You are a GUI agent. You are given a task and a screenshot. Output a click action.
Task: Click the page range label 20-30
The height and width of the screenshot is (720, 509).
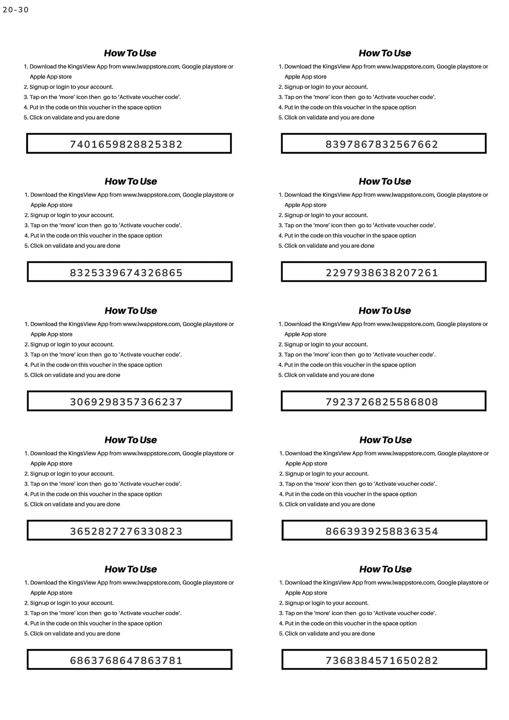pyautogui.click(x=16, y=10)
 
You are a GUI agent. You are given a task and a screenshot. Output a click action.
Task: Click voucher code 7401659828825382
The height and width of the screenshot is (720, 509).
pyautogui.click(x=126, y=144)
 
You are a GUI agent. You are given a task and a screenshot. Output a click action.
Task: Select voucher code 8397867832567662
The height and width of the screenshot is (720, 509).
pyautogui.click(x=382, y=144)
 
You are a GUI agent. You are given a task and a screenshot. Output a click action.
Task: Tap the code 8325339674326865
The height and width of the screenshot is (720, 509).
pyautogui.click(x=126, y=272)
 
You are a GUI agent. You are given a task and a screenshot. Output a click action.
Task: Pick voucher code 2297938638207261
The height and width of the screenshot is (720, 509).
pyautogui.click(x=382, y=272)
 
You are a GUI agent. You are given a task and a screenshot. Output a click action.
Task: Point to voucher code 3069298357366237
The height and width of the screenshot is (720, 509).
pyautogui.click(x=126, y=402)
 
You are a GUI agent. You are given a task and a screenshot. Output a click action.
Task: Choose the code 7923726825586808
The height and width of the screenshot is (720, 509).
pyautogui.click(x=382, y=402)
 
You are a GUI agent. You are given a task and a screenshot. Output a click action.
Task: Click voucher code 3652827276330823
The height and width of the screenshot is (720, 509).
pyautogui.click(x=126, y=531)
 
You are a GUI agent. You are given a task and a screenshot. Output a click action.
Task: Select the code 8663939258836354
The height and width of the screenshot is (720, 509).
pyautogui.click(x=382, y=531)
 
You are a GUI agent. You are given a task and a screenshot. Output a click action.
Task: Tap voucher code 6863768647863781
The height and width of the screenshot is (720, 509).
pyautogui.click(x=126, y=660)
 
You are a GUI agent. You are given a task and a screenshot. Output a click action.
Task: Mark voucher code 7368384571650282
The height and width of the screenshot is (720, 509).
pyautogui.click(x=382, y=660)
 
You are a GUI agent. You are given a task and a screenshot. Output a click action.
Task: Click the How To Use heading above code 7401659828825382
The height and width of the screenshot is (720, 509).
pyautogui.click(x=130, y=53)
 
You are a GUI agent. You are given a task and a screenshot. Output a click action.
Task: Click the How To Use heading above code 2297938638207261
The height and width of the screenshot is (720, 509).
pyautogui.click(x=385, y=181)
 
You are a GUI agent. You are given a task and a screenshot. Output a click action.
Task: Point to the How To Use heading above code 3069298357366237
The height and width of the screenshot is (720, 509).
pyautogui.click(x=131, y=310)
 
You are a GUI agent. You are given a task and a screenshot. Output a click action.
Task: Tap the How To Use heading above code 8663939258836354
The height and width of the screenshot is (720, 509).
pyautogui.click(x=385, y=440)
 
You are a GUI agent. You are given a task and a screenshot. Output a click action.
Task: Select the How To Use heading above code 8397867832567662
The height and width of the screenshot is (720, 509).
pyautogui.click(x=385, y=53)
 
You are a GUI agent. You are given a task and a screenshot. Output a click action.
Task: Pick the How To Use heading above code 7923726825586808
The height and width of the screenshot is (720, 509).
pyautogui.click(x=385, y=310)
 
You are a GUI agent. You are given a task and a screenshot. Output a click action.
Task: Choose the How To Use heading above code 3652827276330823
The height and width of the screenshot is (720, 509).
pyautogui.click(x=131, y=440)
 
